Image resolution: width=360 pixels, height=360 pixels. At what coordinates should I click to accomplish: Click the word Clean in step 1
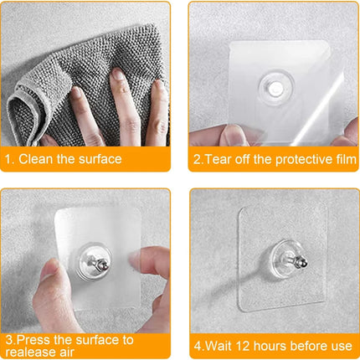pos(37,159)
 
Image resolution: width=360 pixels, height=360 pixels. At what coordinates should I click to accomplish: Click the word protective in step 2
pos(286,159)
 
